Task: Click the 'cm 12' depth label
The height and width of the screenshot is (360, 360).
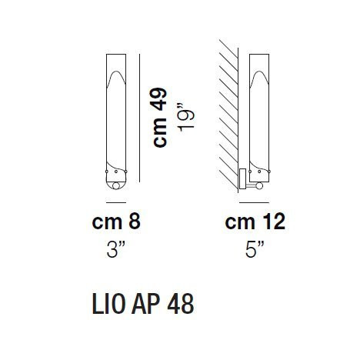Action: (254, 223)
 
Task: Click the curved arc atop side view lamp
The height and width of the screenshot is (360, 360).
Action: (259, 76)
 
